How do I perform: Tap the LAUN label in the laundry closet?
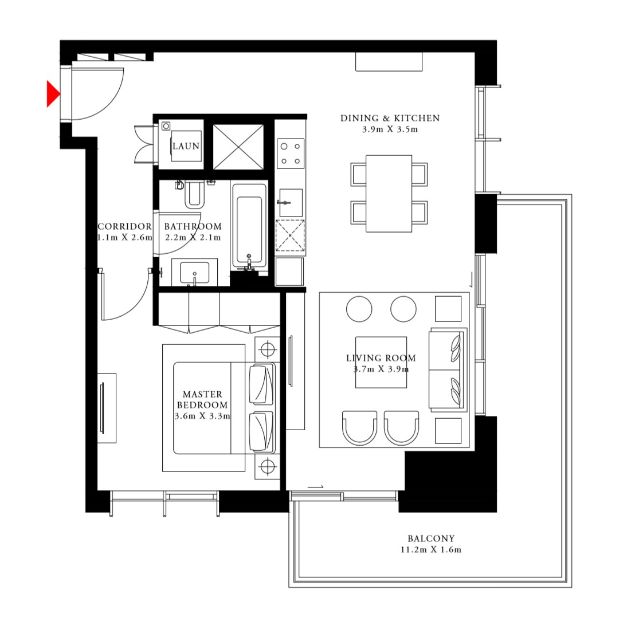point(186,147)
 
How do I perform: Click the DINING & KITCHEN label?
point(390,118)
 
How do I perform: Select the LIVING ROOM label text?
point(381,358)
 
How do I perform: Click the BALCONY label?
point(431,538)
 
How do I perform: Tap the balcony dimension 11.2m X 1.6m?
point(431,550)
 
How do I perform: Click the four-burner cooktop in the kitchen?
point(290,153)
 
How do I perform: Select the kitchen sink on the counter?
point(290,203)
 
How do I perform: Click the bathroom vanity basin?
point(194,272)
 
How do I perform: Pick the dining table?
point(389,193)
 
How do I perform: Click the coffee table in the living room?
point(381,362)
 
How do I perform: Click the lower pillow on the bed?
point(261,431)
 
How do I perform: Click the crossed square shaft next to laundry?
point(238,147)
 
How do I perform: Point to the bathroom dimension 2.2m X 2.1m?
point(193,237)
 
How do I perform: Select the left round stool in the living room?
point(359,309)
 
